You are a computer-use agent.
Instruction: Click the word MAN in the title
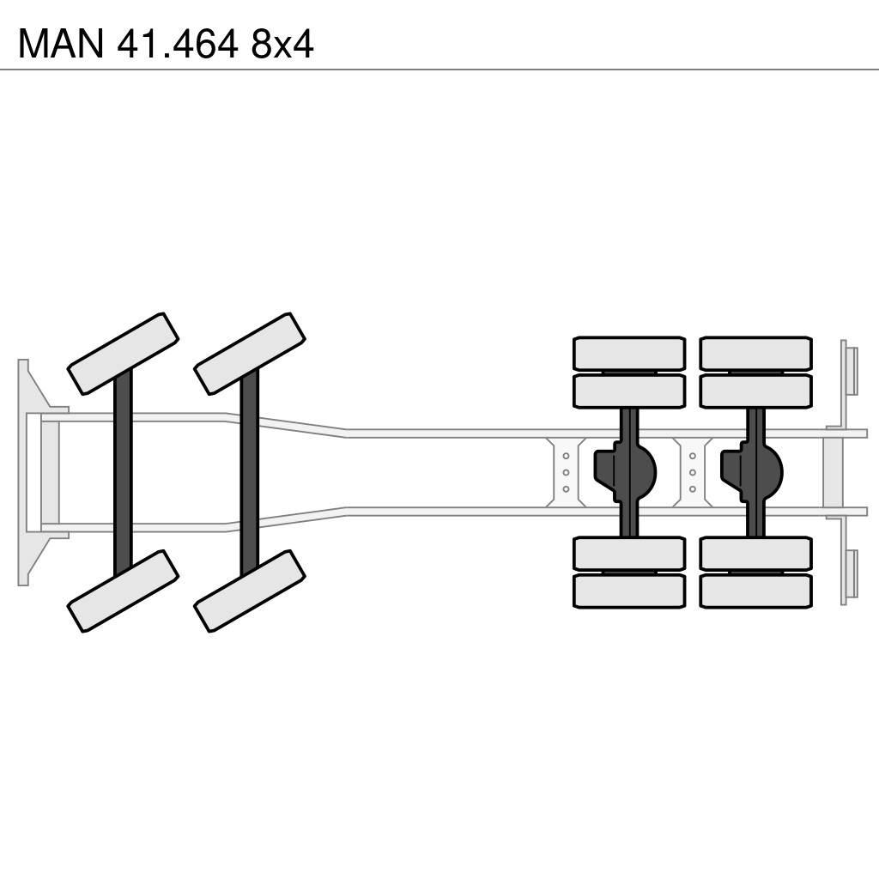(x=60, y=43)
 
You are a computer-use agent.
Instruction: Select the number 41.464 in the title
(x=179, y=43)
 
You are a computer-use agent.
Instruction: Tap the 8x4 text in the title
(x=282, y=43)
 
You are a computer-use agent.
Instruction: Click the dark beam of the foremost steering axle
(x=123, y=472)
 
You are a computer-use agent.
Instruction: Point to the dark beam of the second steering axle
(x=250, y=472)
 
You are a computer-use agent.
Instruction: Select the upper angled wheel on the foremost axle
(x=123, y=354)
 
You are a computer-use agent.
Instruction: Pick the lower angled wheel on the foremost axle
(x=123, y=591)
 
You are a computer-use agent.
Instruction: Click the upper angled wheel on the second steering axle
(x=250, y=354)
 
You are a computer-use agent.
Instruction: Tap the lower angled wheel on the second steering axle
(x=250, y=591)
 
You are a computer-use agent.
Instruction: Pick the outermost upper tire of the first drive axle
(x=629, y=353)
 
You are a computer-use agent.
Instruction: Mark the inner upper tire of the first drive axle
(x=629, y=391)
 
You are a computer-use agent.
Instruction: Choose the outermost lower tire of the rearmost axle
(x=755, y=591)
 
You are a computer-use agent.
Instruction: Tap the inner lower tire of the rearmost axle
(x=755, y=554)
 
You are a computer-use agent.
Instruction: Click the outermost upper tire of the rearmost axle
(x=755, y=353)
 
